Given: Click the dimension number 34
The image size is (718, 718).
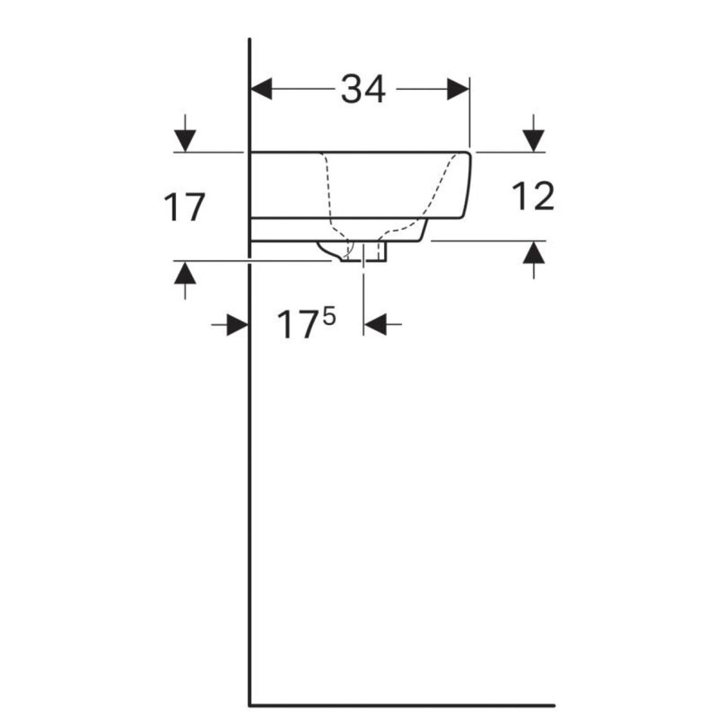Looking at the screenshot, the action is (x=363, y=89).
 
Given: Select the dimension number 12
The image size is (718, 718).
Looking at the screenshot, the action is (x=533, y=196).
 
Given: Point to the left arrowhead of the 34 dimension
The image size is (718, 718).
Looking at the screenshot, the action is (x=262, y=89).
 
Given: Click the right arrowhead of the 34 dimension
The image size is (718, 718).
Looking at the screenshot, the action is (x=458, y=89).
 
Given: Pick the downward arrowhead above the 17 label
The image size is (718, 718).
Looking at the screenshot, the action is (x=185, y=141).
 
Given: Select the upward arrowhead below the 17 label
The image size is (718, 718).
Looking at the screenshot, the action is (x=185, y=273).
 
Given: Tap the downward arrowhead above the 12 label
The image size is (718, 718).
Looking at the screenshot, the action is (x=534, y=141).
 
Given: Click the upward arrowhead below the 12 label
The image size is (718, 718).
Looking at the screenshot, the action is (x=534, y=252).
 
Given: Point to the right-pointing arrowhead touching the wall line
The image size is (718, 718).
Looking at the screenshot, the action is (x=237, y=325).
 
